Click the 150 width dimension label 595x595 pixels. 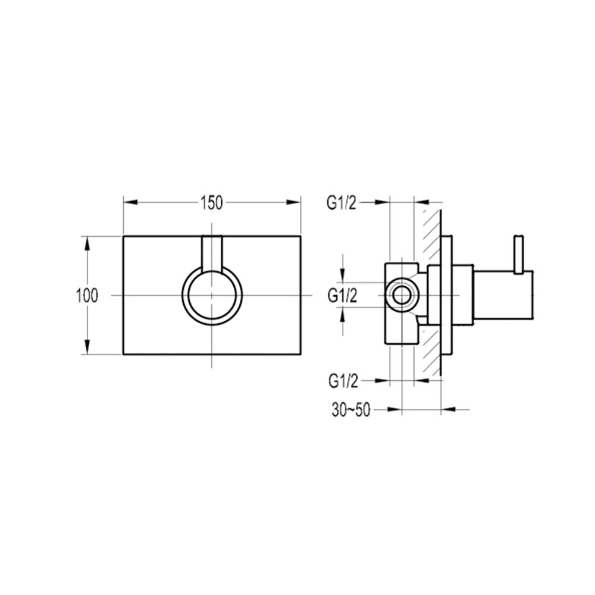(x=212, y=203)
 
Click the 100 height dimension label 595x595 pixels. (x=87, y=296)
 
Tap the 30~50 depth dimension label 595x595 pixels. (x=350, y=410)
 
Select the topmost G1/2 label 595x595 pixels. (x=342, y=203)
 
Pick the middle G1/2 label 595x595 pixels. (x=343, y=296)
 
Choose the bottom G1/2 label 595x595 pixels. (x=343, y=381)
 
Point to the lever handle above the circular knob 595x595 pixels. (x=212, y=253)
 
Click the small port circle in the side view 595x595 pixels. (x=402, y=295)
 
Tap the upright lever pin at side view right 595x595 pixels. (x=518, y=254)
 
